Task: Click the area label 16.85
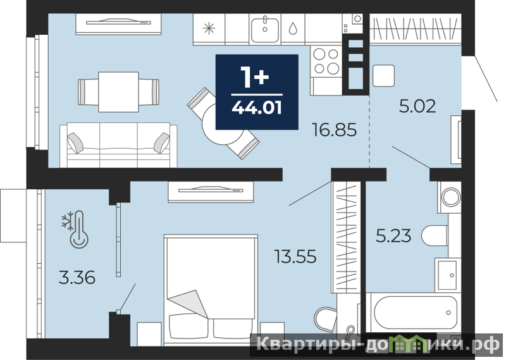[x=335, y=130]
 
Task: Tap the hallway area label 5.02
[x=417, y=106]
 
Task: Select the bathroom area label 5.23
[x=393, y=235]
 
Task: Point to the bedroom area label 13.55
[x=295, y=256]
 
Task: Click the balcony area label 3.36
[x=77, y=278]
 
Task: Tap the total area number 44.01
[x=257, y=108]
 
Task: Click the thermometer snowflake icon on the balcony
[x=75, y=229]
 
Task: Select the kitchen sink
[x=265, y=30]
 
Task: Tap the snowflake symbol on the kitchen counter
[x=209, y=28]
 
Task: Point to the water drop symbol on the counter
[x=293, y=28]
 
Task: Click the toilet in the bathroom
[x=435, y=237]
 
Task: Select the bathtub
[x=415, y=312]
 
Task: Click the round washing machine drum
[x=451, y=197]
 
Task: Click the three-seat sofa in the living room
[x=118, y=145]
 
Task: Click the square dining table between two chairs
[x=118, y=92]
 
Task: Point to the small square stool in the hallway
[x=383, y=75]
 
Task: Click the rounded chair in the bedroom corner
[x=325, y=319]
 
